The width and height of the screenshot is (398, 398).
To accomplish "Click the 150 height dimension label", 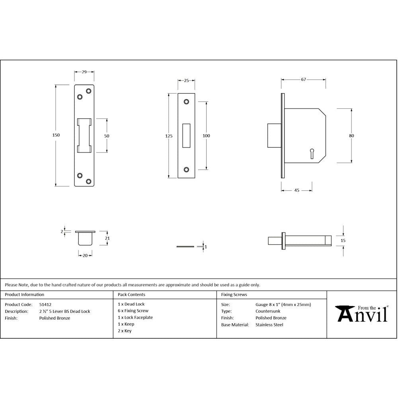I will (56, 135).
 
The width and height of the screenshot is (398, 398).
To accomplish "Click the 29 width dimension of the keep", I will (84, 72).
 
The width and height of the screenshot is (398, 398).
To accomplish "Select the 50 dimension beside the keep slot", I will (107, 136).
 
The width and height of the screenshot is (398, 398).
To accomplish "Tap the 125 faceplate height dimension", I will (169, 136).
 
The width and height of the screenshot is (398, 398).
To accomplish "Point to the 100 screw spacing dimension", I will (206, 136).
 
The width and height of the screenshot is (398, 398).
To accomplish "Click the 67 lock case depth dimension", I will (303, 80).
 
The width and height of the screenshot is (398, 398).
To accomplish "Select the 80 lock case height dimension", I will (351, 136).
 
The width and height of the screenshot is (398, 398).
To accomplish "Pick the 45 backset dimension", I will (297, 191).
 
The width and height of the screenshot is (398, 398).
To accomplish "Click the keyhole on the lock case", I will (312, 152).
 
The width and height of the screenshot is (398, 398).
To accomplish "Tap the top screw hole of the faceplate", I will (186, 102).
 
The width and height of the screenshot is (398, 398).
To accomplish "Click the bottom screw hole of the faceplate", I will (186, 170).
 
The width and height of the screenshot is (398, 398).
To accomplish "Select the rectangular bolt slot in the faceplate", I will (186, 136).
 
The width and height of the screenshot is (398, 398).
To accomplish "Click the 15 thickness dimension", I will (343, 240).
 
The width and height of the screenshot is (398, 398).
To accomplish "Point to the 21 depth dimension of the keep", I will (107, 238).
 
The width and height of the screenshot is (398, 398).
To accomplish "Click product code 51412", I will (45, 304).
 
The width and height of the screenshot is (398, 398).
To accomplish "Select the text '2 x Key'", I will (125, 331).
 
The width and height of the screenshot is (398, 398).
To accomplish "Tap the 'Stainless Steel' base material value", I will (269, 325).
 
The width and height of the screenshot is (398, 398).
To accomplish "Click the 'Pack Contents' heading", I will (131, 295).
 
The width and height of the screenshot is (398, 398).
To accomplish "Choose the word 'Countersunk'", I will (268, 311).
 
